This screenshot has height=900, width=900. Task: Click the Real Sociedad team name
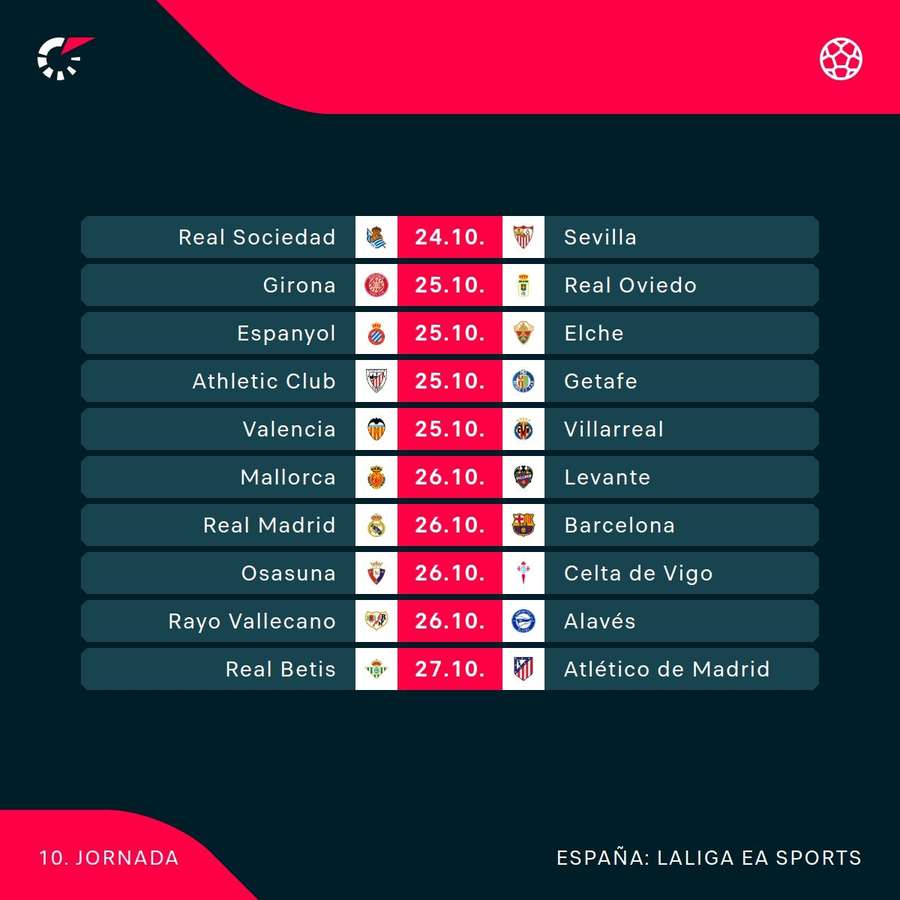257,237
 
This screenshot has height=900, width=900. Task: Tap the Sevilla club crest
523,237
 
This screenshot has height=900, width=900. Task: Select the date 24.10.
450,237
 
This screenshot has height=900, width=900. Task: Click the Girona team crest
376,285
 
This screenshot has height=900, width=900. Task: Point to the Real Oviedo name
630,285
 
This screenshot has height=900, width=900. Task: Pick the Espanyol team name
286,333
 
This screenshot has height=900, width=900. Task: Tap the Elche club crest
523,333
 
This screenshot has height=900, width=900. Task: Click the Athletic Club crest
376,381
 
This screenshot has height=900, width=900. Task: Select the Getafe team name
600,381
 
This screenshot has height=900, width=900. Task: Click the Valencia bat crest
376,429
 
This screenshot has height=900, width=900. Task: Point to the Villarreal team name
613,429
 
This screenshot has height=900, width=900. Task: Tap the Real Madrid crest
376,525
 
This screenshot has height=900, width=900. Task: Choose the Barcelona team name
619,525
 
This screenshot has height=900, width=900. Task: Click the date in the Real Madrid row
450,525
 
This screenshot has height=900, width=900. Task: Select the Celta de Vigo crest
523,573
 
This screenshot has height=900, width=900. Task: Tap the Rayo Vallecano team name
252,621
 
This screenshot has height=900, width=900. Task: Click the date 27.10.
450,669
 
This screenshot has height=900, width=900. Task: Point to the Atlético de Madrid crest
523,669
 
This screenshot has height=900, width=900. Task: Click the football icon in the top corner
841,58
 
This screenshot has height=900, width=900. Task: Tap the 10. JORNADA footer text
110,858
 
